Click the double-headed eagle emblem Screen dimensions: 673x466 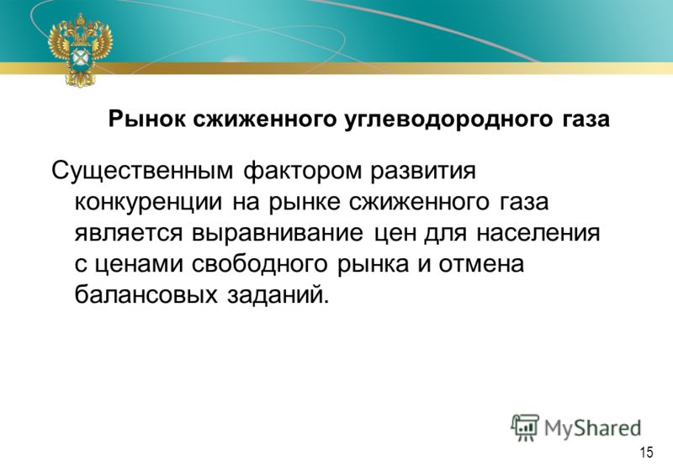[x=80, y=50]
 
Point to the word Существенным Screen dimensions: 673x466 [x=142, y=172]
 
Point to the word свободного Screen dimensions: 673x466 [x=260, y=264]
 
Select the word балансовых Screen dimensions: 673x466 [x=146, y=294]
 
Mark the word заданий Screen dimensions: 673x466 [x=278, y=294]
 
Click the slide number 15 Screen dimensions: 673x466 [x=646, y=453]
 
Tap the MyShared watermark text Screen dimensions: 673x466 [x=593, y=428]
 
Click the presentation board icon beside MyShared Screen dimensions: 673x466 [x=525, y=427]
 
